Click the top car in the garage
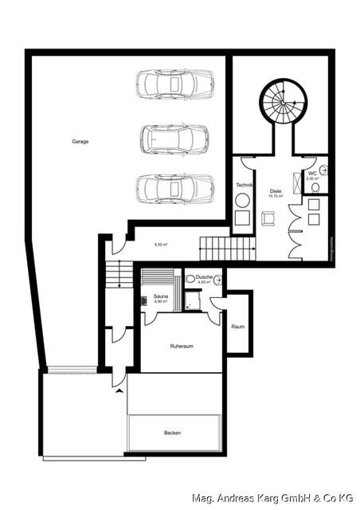point(174,84)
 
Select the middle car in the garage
point(174,138)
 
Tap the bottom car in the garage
point(174,190)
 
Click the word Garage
point(80,141)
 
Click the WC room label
point(312,173)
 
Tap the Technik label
point(244,185)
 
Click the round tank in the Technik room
point(242,201)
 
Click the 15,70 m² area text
point(276,196)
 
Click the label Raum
point(237,327)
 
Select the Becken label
point(173,433)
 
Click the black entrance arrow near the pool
point(119,391)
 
